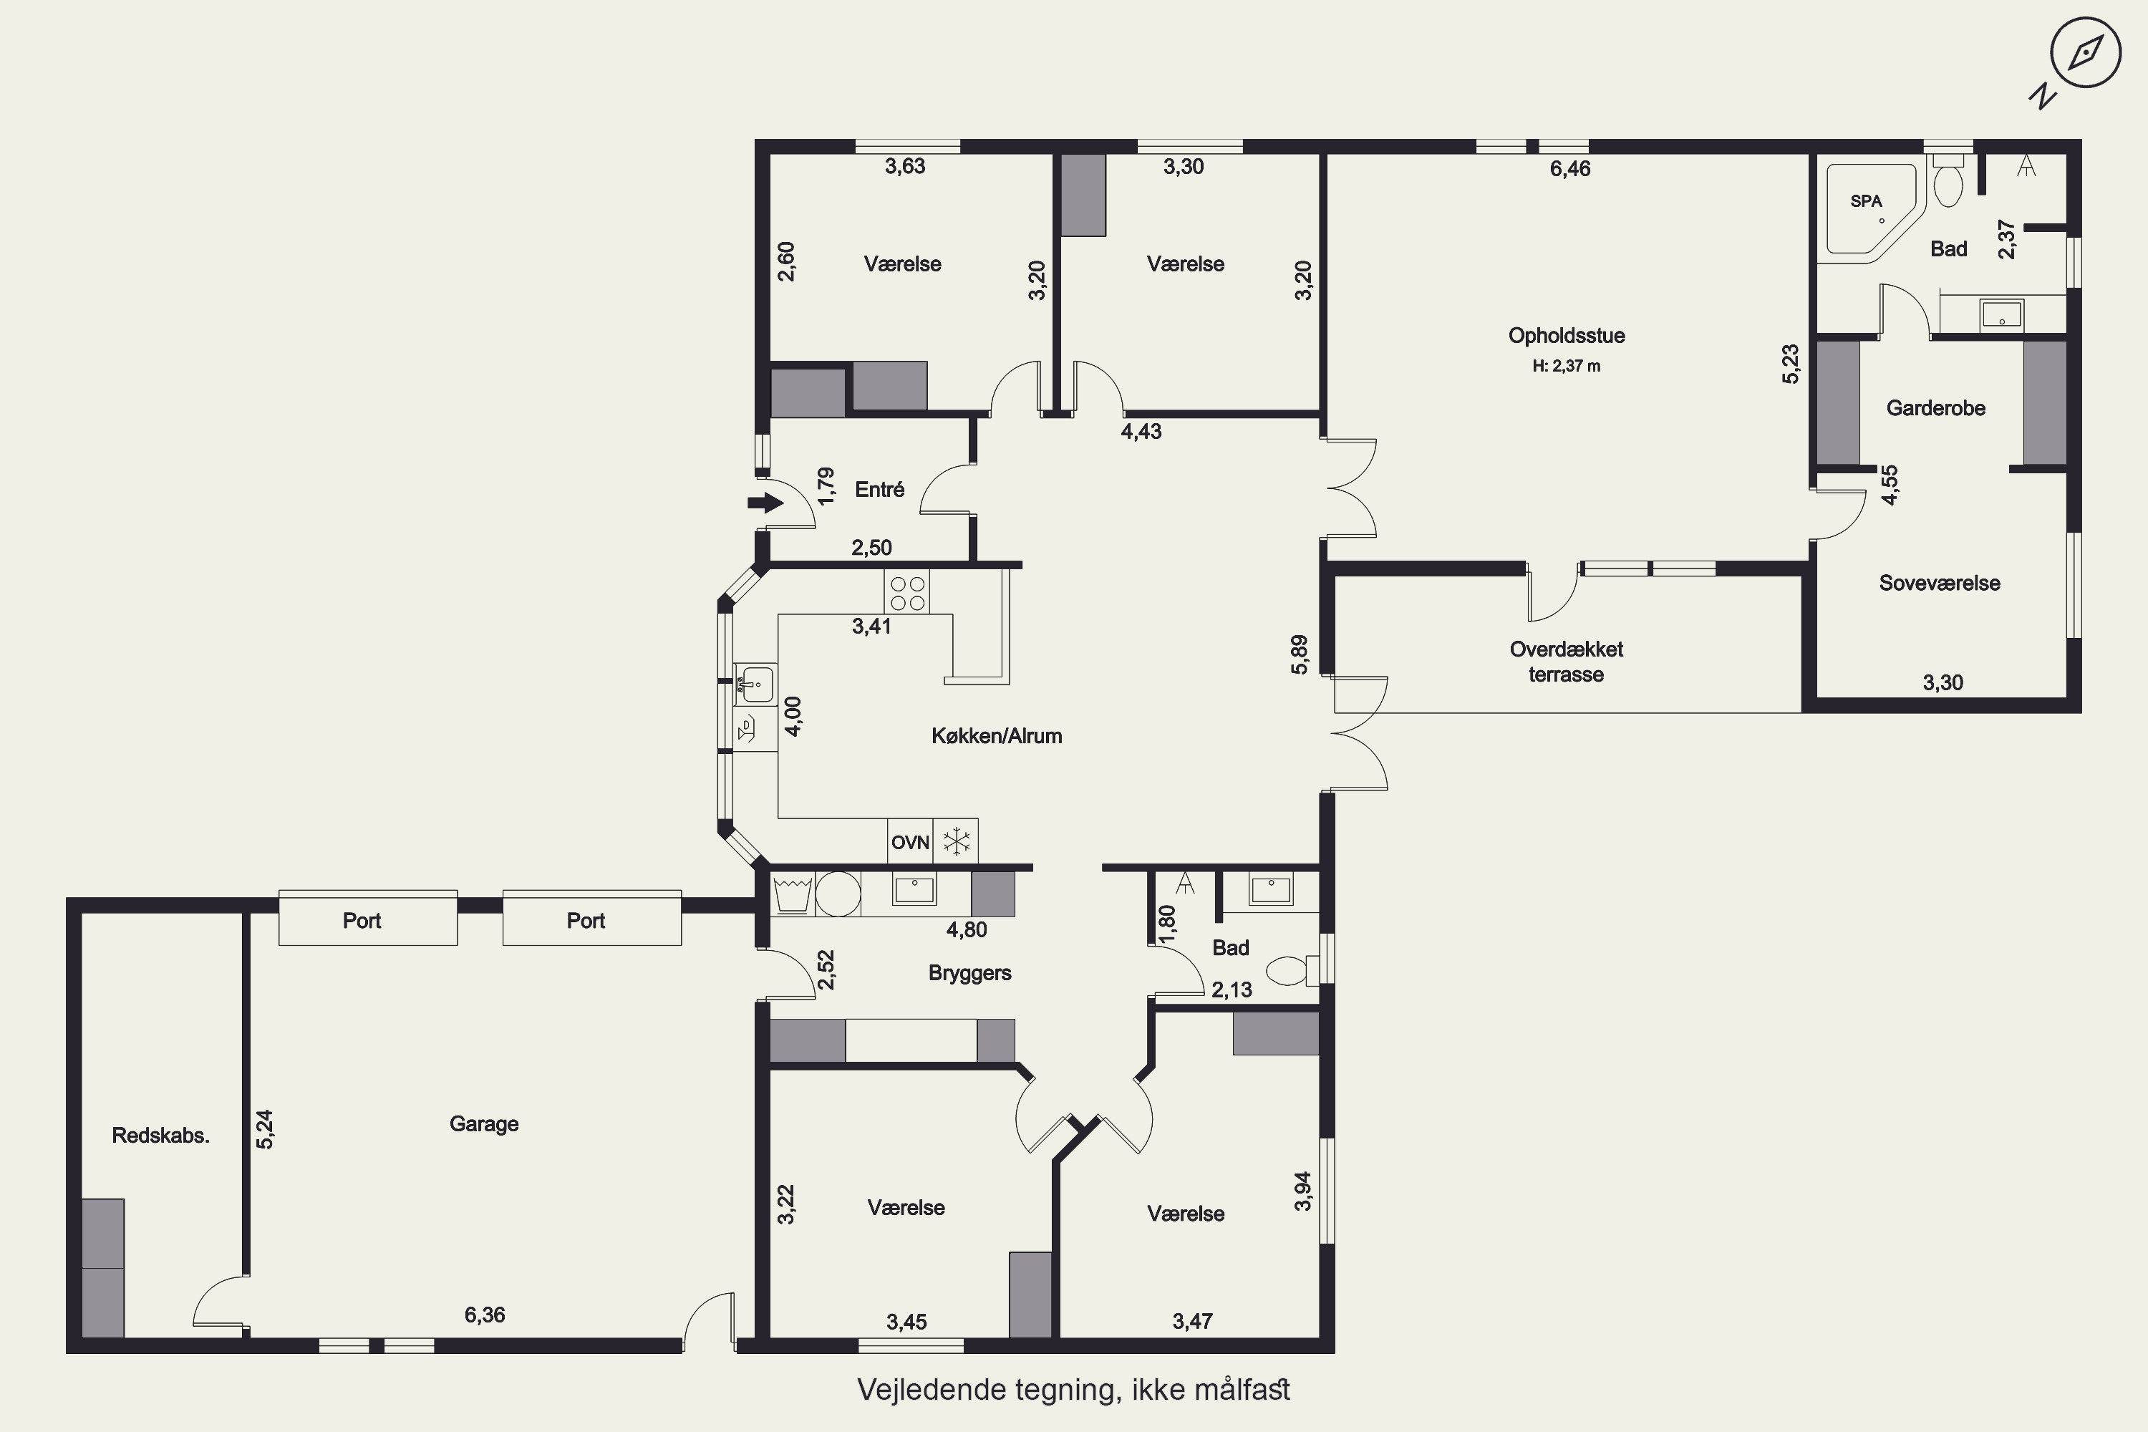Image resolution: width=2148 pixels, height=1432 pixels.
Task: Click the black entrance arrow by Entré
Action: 765,503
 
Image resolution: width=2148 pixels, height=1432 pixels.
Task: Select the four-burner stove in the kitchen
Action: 907,592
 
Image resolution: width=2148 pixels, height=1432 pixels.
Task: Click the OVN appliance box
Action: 911,841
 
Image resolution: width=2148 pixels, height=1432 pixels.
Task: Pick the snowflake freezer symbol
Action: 956,841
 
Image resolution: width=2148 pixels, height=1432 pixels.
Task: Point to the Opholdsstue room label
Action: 1567,336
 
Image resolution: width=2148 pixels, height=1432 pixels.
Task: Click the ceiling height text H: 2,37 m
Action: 1567,366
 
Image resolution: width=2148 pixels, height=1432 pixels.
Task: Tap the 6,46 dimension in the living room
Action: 1570,169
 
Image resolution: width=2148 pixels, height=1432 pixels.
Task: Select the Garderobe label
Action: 1936,408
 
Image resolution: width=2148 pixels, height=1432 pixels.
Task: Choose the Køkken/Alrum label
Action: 997,736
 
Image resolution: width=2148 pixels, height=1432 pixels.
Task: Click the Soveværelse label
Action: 1940,584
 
